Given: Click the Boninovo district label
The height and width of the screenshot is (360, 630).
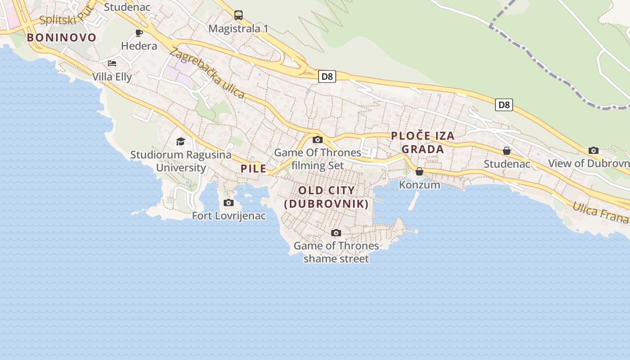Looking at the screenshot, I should (62, 37).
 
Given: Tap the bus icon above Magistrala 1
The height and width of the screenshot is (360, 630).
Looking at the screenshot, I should (238, 15).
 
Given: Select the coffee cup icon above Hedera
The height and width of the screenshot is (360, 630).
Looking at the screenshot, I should (139, 33).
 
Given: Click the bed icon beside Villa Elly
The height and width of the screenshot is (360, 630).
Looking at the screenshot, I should (112, 63).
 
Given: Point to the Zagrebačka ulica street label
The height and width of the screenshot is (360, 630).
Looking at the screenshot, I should (207, 73).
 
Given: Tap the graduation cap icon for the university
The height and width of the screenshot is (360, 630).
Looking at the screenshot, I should (180, 142).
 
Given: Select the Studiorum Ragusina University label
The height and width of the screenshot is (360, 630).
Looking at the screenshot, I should (181, 161).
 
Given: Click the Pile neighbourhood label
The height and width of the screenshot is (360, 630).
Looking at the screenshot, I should (254, 169).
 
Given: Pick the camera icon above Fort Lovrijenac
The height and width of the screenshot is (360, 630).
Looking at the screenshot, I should (229, 203).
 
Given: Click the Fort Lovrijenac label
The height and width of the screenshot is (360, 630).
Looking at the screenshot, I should (229, 216).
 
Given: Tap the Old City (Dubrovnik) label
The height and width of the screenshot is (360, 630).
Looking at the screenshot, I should (327, 197).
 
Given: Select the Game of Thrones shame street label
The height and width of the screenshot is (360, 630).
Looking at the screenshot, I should (336, 252).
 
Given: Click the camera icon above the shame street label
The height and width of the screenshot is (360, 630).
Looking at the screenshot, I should (336, 233).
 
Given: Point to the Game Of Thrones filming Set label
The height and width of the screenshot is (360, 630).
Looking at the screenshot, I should (318, 159).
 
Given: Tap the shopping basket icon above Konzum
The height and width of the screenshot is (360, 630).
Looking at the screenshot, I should (419, 171).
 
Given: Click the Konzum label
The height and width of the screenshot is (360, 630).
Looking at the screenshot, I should (419, 184).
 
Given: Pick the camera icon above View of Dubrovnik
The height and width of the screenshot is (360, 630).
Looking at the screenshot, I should (594, 151).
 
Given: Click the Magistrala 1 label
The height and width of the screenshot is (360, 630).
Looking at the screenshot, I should (238, 29).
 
